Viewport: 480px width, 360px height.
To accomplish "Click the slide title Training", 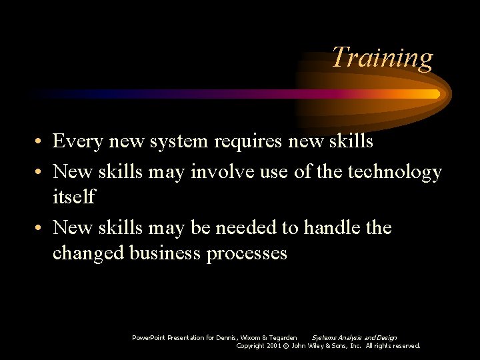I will point(382,58).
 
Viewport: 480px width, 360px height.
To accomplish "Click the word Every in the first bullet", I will point(77,141).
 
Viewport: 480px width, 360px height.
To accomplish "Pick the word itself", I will point(74,197).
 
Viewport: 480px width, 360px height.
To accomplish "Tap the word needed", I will point(244,227).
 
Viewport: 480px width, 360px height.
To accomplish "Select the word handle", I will point(332,227).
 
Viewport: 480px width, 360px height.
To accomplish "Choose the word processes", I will point(247,254).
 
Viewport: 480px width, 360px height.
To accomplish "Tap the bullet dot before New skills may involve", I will point(41,173).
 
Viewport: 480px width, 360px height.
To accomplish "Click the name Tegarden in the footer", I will point(282,338).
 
